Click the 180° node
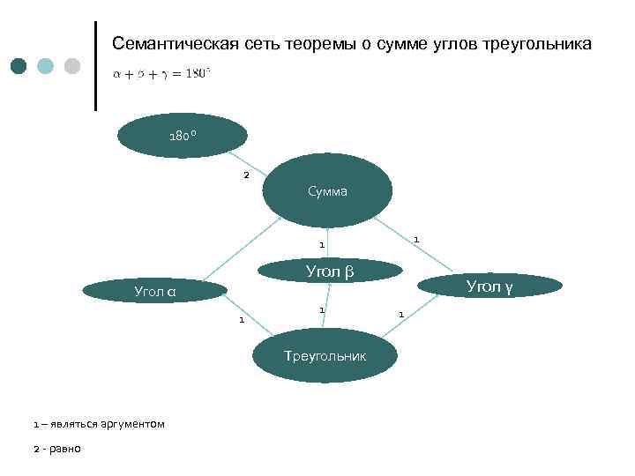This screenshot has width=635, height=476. (x=183, y=137)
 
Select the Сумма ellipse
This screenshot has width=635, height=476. (x=327, y=190)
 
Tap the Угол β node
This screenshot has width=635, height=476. (x=329, y=271)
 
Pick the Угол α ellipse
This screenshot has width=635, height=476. (x=154, y=290)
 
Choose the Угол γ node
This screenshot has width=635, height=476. (x=489, y=286)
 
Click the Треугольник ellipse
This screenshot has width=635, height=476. (x=325, y=355)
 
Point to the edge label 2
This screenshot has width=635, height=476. (x=246, y=175)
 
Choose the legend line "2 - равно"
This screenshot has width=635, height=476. (x=56, y=449)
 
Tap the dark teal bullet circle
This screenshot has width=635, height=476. (x=19, y=66)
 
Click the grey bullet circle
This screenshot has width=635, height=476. (x=72, y=66)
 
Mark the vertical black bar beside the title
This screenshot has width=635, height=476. (x=95, y=66)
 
